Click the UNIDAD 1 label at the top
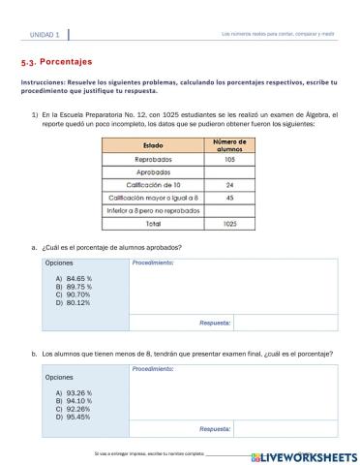43,35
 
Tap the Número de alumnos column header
229,144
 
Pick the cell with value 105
229,159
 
